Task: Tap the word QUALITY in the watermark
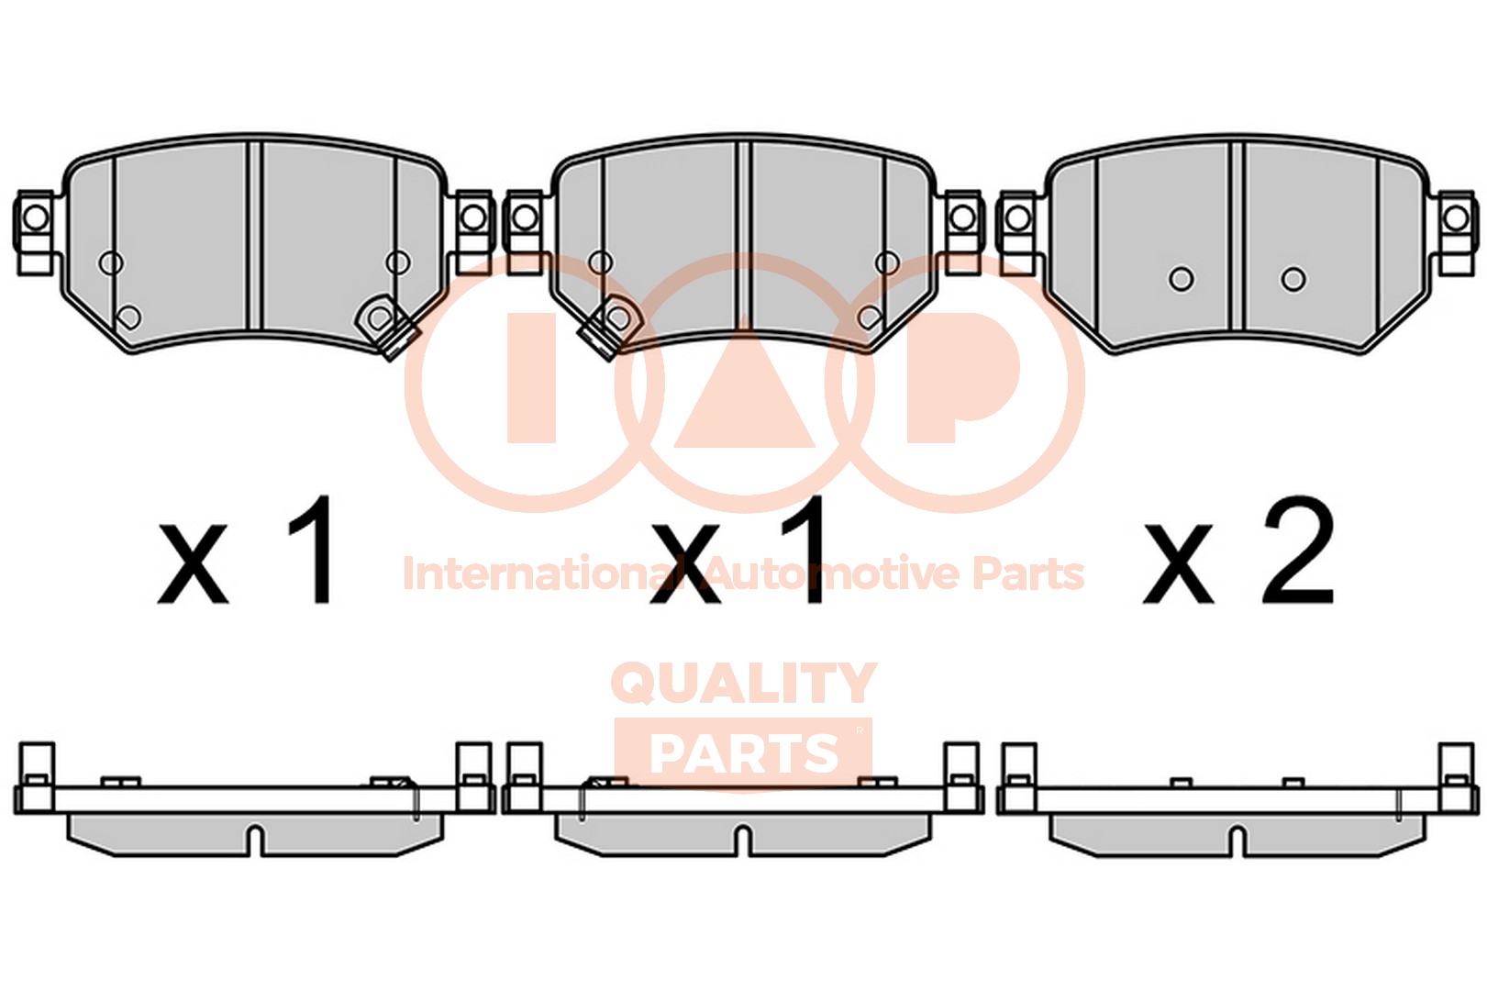(x=743, y=684)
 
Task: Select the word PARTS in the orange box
(x=743, y=754)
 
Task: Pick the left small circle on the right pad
(x=1182, y=278)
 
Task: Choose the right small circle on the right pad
(x=1293, y=278)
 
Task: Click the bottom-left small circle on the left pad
(x=129, y=317)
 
